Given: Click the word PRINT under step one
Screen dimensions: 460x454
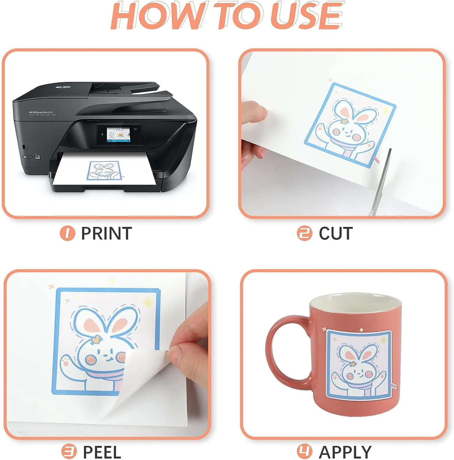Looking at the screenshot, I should pyautogui.click(x=106, y=233).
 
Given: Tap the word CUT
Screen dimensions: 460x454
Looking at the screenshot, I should pyautogui.click(x=336, y=233).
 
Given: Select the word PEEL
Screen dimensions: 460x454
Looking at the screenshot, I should pyautogui.click(x=102, y=452).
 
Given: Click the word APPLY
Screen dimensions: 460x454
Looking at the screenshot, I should pyautogui.click(x=345, y=452).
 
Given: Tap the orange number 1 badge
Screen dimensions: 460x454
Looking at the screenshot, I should pyautogui.click(x=67, y=233).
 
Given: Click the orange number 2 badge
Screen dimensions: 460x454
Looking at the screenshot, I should pyautogui.click(x=305, y=233).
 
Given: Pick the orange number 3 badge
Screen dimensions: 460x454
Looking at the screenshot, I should pyautogui.click(x=69, y=452).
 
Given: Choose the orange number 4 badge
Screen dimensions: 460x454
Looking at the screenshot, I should pyautogui.click(x=305, y=452).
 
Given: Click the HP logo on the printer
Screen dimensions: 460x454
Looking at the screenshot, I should pyautogui.click(x=62, y=87).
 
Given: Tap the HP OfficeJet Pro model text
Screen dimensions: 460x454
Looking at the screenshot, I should pyautogui.click(x=41, y=113).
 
